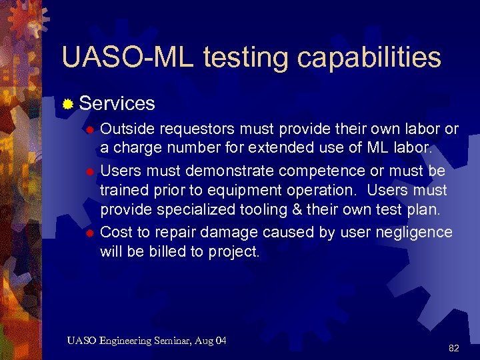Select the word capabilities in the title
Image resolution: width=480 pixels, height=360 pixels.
369,59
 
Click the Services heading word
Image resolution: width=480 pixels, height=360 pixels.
117,103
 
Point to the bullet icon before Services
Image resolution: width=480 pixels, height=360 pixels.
67,103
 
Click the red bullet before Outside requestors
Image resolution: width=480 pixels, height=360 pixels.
88,129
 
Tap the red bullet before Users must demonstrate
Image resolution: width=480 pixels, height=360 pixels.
88,171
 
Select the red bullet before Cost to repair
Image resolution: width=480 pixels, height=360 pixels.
88,233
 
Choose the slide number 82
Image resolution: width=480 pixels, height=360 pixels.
454,347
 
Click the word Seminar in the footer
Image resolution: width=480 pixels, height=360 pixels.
175,341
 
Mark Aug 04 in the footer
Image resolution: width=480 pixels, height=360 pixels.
212,341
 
